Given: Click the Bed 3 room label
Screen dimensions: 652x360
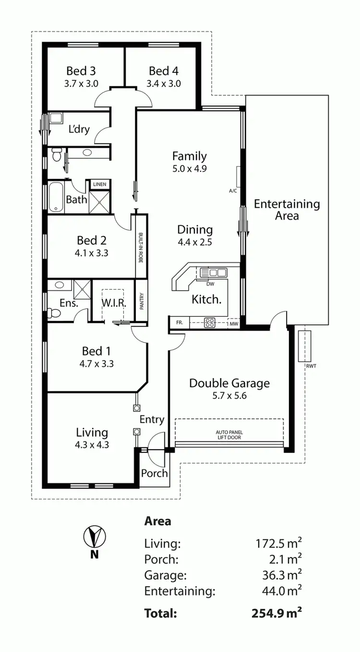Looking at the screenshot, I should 81,71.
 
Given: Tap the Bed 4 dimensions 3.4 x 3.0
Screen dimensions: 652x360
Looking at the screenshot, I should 164,83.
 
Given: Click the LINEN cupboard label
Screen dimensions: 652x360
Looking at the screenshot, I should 99,184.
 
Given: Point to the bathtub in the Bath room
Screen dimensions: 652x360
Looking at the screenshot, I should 56,197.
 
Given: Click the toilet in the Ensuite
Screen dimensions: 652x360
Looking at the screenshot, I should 55,313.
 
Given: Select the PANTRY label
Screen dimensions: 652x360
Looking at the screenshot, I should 142,301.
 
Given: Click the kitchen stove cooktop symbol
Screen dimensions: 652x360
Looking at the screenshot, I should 210,323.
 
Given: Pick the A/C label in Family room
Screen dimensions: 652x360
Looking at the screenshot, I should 233,190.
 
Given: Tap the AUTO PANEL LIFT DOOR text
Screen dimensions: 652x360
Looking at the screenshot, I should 228,435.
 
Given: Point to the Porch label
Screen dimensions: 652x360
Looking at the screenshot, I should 155,473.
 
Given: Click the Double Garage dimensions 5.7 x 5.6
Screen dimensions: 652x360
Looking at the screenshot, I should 229,396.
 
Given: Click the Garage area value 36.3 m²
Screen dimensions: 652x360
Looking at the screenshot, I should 278,575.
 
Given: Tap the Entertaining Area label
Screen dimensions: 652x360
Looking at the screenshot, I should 287,210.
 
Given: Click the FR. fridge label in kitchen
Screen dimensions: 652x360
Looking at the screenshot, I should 180,322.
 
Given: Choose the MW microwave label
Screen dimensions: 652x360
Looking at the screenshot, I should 234,324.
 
